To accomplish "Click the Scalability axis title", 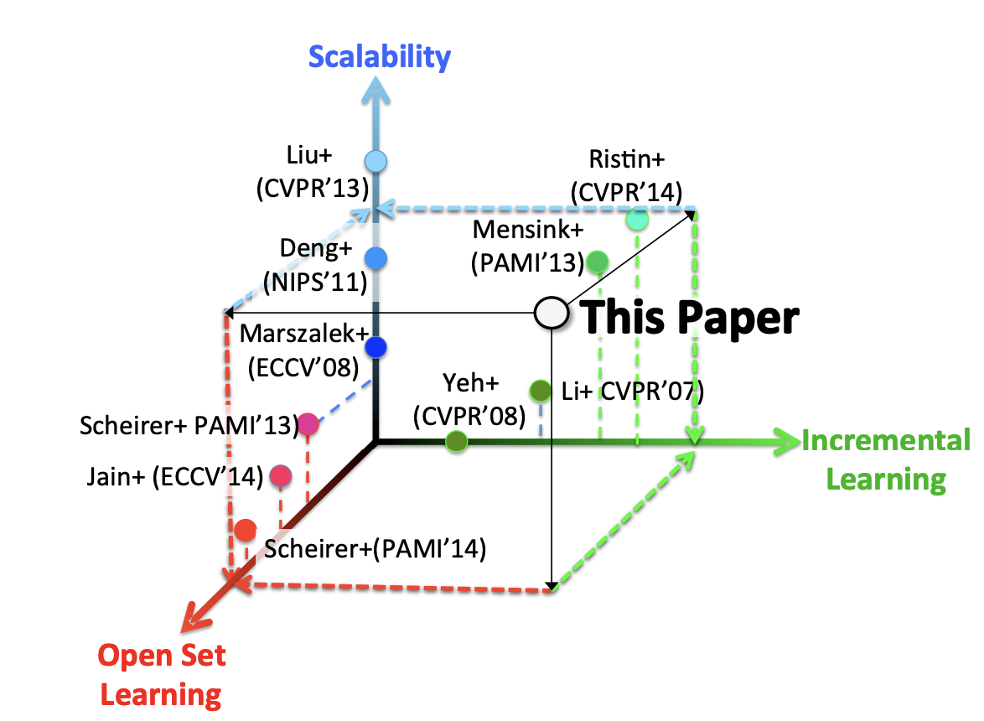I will tap(379, 57).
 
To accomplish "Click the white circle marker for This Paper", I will tap(551, 313).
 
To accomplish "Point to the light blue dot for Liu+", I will tap(376, 160).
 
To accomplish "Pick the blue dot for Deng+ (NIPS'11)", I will tap(376, 259).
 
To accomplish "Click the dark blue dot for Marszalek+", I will tap(375, 346).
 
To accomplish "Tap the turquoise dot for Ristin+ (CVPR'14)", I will tap(638, 220).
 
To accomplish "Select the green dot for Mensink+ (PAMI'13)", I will tap(597, 262).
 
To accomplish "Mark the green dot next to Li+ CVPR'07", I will tap(541, 391).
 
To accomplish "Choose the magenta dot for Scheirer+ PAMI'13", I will tap(308, 425).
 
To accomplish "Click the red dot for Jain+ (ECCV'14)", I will tap(280, 477).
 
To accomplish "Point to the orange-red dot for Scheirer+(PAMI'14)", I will tap(246, 530).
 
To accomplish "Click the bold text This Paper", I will tap(690, 318).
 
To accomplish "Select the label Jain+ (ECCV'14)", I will tap(174, 477).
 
